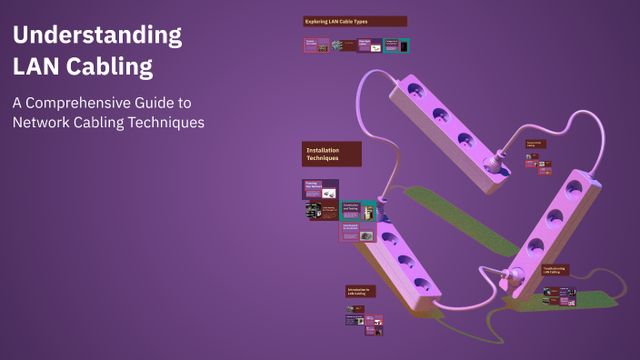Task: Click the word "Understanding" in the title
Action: coord(96,36)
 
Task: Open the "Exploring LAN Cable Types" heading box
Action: coord(355,21)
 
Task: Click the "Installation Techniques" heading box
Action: coord(332,154)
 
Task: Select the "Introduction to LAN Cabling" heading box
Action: coord(359,292)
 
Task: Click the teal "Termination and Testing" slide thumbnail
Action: coord(358,211)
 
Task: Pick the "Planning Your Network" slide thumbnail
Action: coord(315,188)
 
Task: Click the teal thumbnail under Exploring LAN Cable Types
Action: coord(396,45)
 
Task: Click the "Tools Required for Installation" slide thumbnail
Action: coord(357,233)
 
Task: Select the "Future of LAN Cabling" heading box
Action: coord(535,144)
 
